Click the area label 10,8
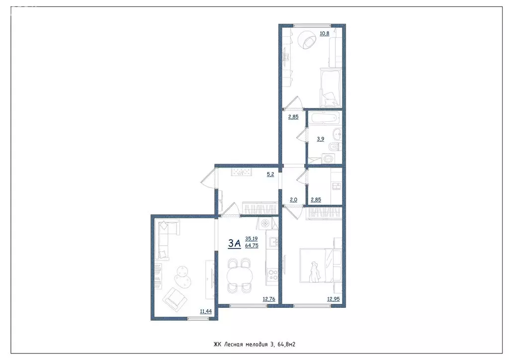tap(324, 34)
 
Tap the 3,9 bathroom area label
tap(321, 139)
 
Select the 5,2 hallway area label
tap(270, 175)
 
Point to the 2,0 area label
tap(293, 200)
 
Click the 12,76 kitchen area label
tap(269, 299)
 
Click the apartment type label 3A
tap(235, 243)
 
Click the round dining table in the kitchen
tap(239, 274)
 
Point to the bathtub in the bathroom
tap(324, 118)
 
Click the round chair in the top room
tap(307, 40)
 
